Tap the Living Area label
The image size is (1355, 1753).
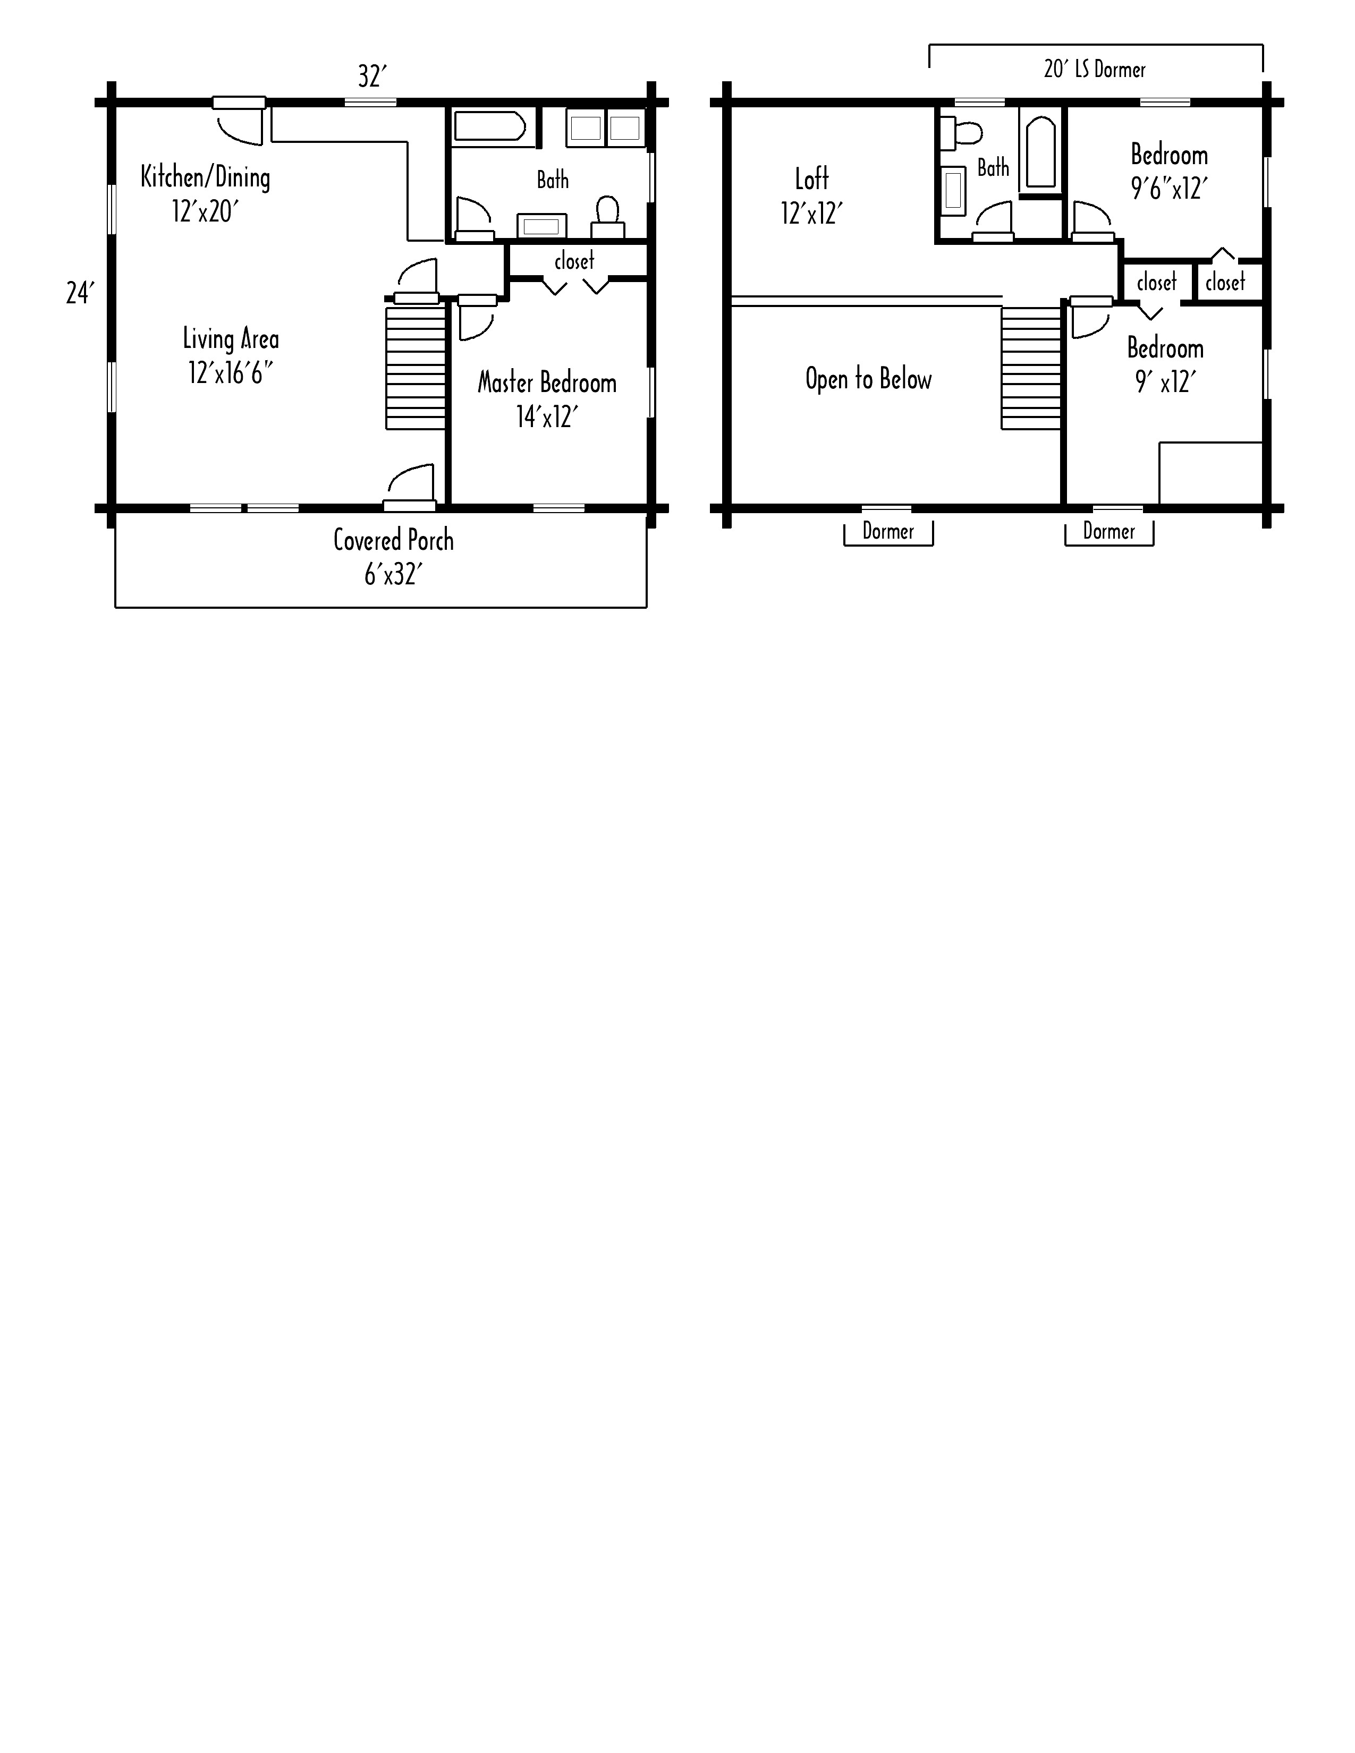231,339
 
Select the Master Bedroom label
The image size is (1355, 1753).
547,383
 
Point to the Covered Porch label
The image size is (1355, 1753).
393,540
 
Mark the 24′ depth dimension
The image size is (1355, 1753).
80,293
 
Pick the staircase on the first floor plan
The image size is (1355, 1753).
416,367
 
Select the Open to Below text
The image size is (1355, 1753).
869,379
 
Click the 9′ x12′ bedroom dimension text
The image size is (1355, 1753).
1165,382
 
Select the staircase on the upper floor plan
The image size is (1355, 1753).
1031,369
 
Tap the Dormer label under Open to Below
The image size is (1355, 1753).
888,531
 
